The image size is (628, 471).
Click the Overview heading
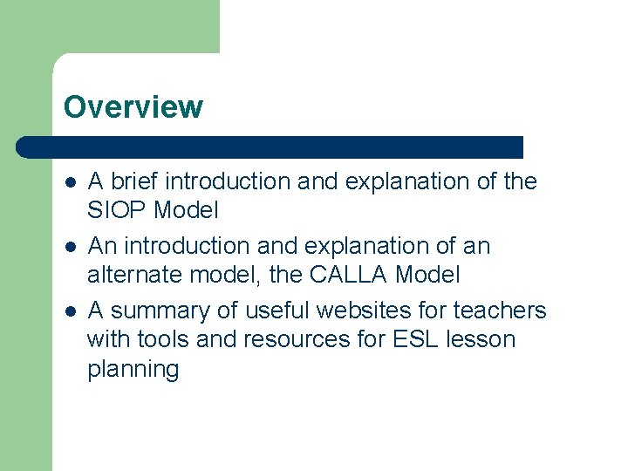pos(133,107)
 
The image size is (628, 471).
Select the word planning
pos(133,370)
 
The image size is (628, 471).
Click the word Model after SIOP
pos(186,210)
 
